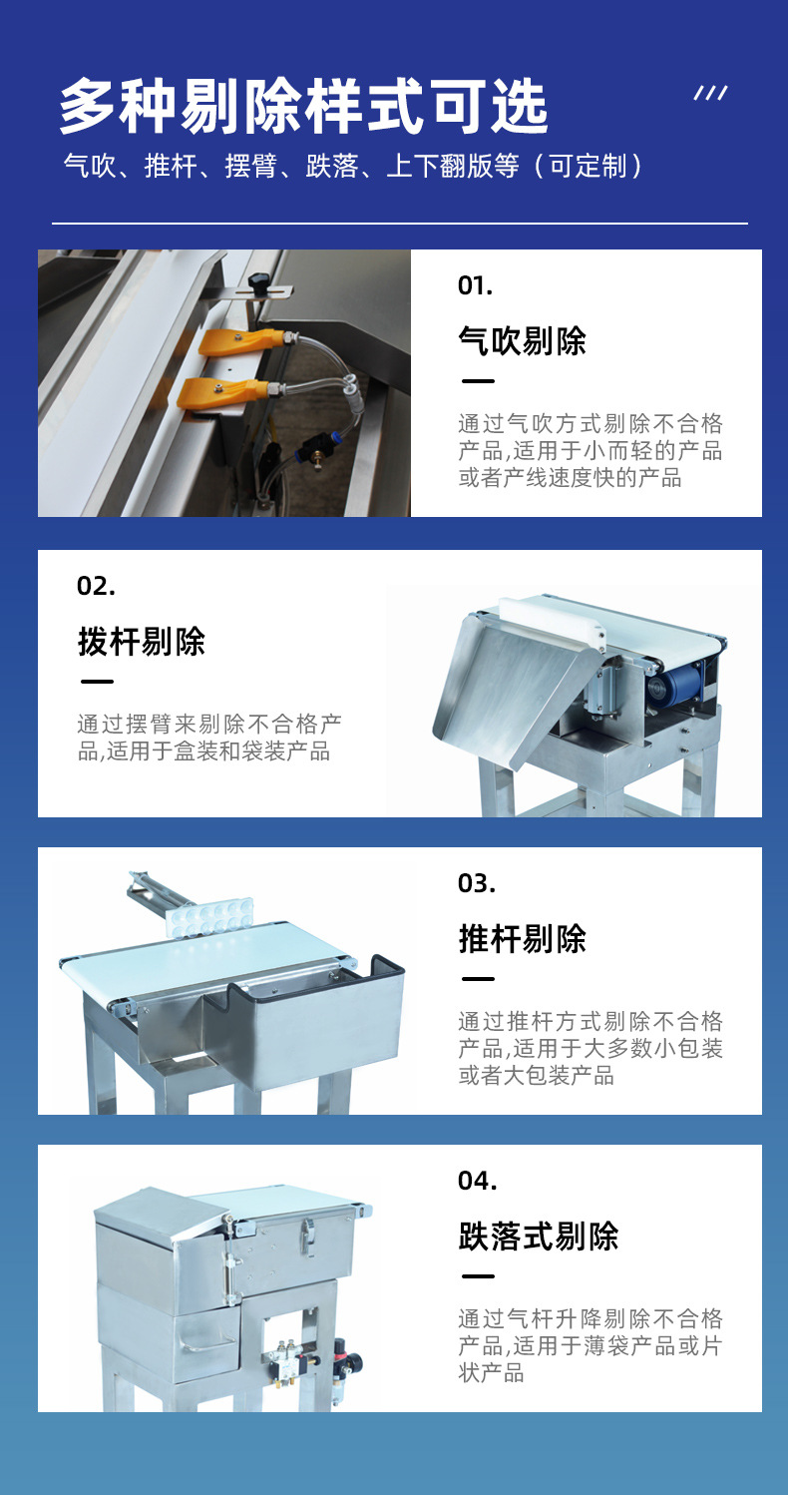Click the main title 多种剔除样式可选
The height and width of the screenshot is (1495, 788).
point(303,107)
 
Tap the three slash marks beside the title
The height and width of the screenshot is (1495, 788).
point(710,94)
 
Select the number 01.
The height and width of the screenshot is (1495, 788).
point(475,285)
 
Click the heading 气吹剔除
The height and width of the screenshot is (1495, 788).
point(522,341)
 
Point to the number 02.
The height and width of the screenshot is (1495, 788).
point(96,586)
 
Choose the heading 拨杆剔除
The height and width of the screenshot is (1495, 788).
point(141,642)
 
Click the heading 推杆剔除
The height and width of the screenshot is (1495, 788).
point(522,938)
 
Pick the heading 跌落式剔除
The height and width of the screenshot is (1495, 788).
point(538,1237)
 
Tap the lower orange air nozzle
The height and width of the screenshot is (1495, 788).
point(214,392)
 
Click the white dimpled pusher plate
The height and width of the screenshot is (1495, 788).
point(210,916)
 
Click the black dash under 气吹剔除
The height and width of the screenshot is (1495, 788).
point(478,381)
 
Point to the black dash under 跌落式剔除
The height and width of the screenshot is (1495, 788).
point(478,1276)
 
